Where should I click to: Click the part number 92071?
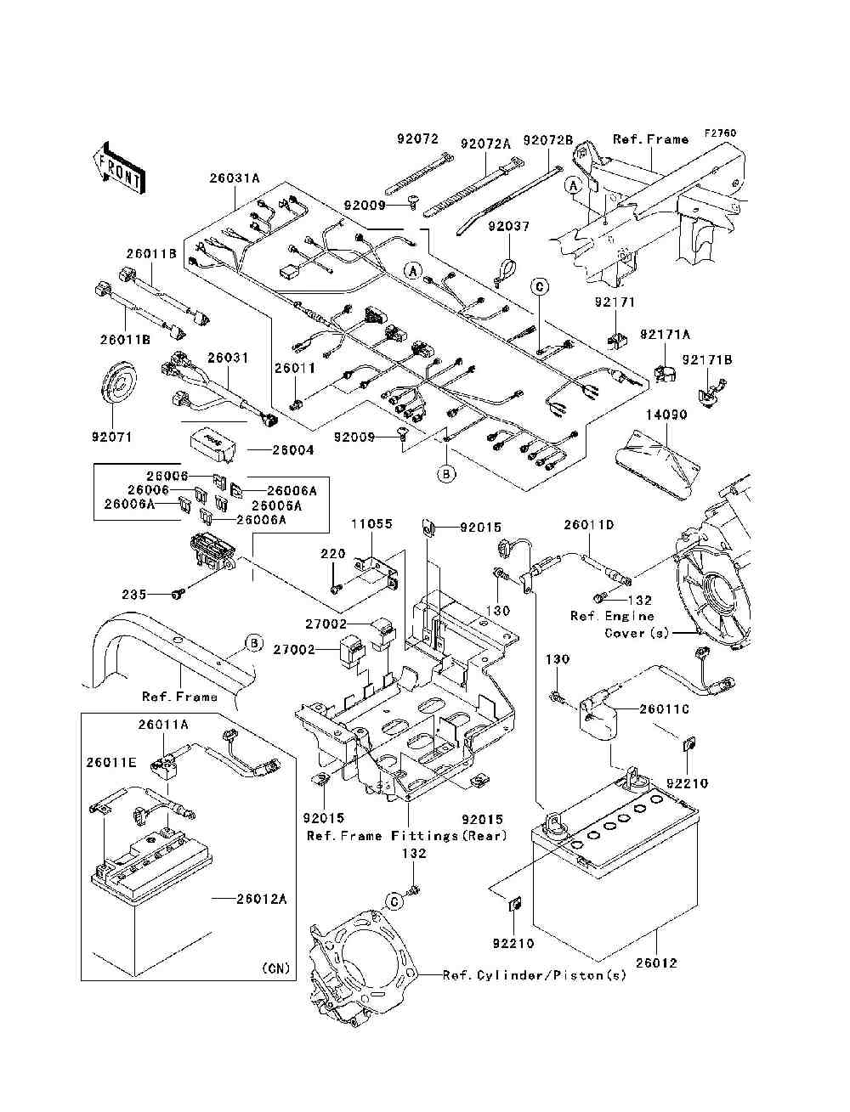tap(112, 437)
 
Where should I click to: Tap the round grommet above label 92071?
tap(117, 387)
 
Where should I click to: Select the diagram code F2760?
tap(720, 133)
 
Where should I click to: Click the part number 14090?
tap(666, 415)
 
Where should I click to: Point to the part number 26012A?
tap(262, 899)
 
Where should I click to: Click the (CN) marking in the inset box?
tap(275, 968)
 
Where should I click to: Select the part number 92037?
tap(509, 227)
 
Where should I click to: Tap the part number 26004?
tap(293, 450)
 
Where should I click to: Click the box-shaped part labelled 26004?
tap(212, 445)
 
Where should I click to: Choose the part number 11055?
tap(372, 524)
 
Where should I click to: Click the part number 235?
tap(133, 595)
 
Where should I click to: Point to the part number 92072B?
tap(548, 140)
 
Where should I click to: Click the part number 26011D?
tap(589, 525)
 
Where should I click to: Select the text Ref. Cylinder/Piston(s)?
tap(535, 975)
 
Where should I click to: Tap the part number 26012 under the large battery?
tap(656, 963)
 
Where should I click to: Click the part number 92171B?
tap(707, 360)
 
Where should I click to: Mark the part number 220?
tap(333, 554)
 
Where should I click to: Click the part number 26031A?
tap(235, 178)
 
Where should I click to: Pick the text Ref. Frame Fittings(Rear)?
tap(407, 835)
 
